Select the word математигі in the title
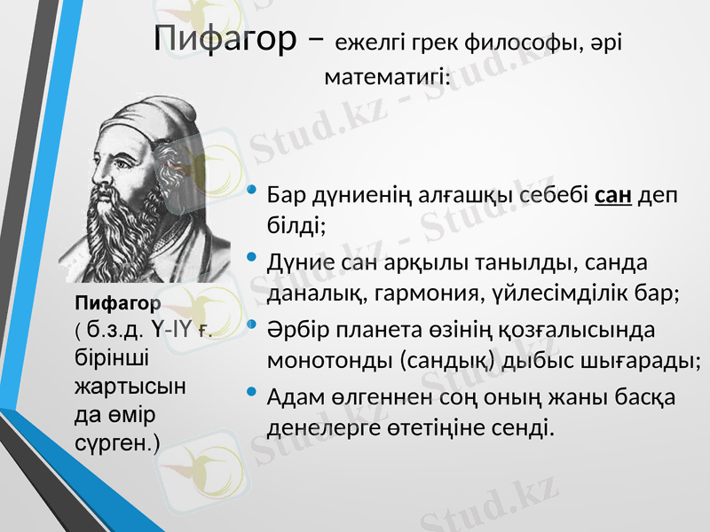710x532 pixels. point(387,77)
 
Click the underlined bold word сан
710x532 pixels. point(611,194)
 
